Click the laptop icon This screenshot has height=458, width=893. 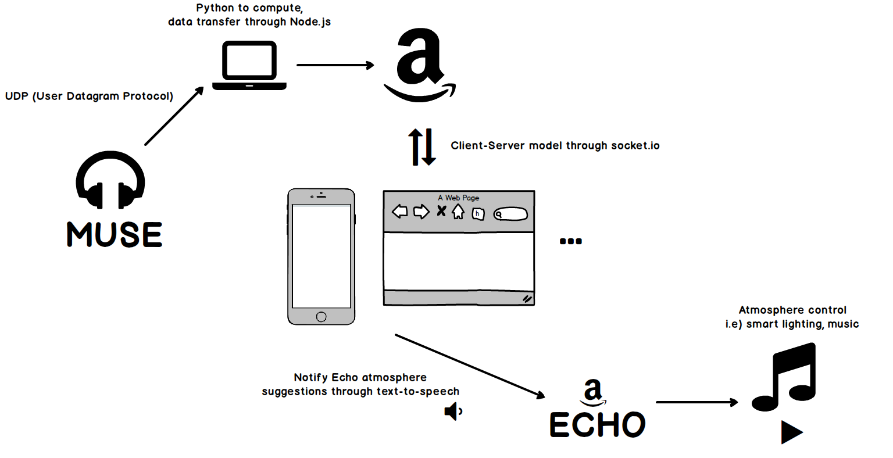pos(249,66)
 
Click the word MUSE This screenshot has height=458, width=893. pos(115,234)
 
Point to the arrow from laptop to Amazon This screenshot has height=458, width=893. pos(335,65)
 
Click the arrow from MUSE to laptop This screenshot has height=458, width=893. pos(174,116)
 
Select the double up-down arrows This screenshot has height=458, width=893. pos(422,146)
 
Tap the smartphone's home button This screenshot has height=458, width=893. pos(322,317)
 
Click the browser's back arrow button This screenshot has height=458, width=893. pos(400,212)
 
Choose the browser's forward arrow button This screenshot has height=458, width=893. pos(421,212)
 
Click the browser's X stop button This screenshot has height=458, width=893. pos(442,211)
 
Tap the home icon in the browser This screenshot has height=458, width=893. pos(459,212)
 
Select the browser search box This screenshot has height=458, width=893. pos(510,214)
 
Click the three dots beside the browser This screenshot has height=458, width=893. pos(570,241)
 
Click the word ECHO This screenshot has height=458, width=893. pos(597,425)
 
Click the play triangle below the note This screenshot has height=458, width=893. pos(791,432)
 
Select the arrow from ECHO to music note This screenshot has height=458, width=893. pos(696,402)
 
